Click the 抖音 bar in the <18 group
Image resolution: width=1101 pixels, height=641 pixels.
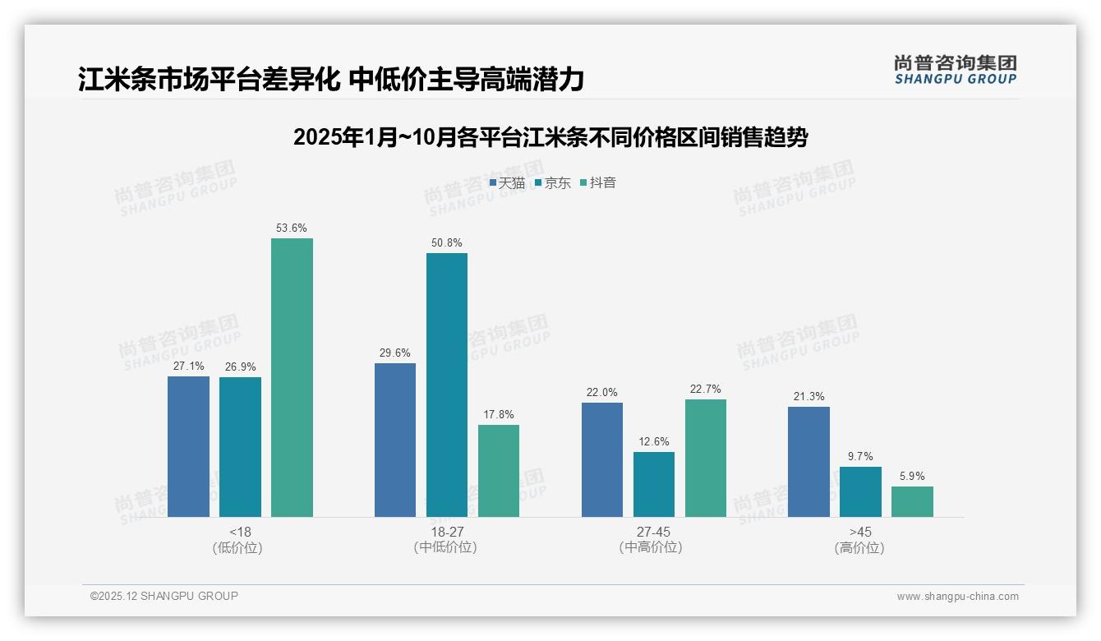292,377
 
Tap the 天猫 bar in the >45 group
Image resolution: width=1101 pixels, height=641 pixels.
808,461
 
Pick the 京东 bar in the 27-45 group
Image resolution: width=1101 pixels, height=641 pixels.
653,484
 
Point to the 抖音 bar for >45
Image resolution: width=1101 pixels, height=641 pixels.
912,501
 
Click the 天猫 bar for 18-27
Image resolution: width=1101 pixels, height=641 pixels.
395,440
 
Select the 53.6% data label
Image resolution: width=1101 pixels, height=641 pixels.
292,228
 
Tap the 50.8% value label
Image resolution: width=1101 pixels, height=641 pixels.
446,243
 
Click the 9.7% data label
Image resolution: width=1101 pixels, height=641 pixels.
860,457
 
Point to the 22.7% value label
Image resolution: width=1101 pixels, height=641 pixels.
705,390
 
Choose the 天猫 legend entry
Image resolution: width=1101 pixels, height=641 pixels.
507,183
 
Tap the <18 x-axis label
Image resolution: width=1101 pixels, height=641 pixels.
241,532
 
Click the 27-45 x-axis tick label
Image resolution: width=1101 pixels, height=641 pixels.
653,532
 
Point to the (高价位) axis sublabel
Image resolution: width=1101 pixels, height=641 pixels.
859,547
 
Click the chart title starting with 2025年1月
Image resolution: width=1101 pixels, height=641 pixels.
550,137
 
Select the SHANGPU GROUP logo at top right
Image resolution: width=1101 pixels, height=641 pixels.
955,70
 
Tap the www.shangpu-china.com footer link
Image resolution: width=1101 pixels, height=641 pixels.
957,597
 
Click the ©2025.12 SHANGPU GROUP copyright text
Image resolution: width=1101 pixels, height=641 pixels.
164,596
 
